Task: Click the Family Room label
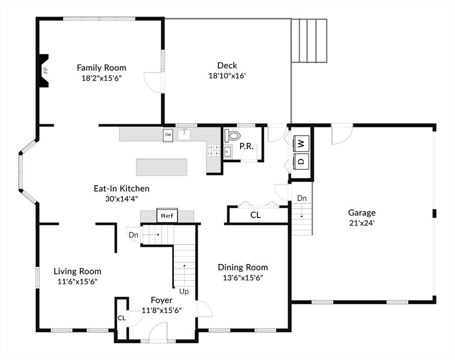pos(102,68)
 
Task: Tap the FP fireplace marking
pos(45,70)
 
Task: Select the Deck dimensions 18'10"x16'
pos(227,76)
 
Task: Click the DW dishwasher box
pos(168,135)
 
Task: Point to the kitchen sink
pos(184,135)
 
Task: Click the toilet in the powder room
pos(233,135)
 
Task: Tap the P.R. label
pos(246,147)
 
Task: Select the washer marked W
pos(301,143)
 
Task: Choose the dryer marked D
pos(301,161)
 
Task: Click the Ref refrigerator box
pos(167,215)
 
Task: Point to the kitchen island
pos(162,167)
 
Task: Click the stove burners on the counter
pos(213,150)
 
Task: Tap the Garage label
pos(362,213)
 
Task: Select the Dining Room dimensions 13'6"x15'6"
pos(243,278)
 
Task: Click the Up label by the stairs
pos(184,291)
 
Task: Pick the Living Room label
pos(77,271)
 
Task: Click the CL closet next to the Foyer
pos(121,318)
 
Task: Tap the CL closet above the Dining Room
pos(255,215)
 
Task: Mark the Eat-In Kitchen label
pos(121,188)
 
